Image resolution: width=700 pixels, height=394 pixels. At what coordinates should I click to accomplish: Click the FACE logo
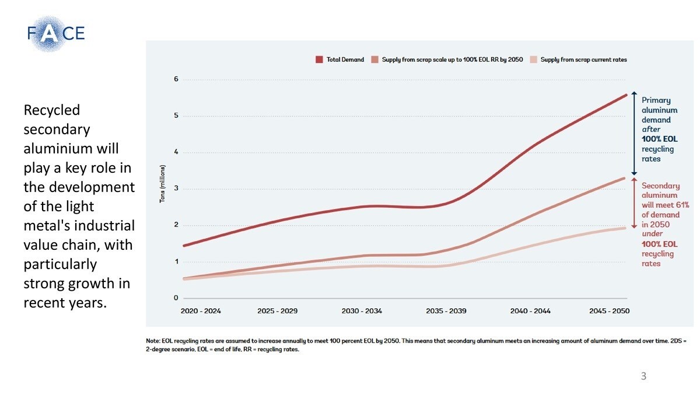point(55,33)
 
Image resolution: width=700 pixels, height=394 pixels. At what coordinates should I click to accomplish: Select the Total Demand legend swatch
point(319,60)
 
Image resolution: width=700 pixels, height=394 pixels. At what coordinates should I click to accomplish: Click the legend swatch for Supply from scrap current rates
point(533,60)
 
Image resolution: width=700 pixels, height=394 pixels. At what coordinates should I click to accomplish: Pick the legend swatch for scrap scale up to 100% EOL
point(375,60)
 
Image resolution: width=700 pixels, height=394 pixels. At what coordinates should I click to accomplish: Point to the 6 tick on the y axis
point(176,79)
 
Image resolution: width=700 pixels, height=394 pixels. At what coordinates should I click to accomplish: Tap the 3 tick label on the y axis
point(176,189)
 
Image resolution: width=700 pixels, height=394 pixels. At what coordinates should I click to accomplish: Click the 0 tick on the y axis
point(176,298)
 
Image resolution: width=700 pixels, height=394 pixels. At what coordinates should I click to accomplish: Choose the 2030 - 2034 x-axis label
point(362,311)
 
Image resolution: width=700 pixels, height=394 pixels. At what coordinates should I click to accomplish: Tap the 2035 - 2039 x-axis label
point(446,311)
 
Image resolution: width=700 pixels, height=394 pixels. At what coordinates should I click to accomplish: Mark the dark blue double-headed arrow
point(634,133)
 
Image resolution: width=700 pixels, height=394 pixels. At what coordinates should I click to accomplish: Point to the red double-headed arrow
point(634,203)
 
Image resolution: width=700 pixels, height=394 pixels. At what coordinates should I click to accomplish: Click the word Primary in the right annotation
point(656,100)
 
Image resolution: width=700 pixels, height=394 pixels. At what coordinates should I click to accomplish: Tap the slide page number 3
point(643,376)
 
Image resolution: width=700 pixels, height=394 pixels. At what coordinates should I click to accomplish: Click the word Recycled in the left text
point(52,110)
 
